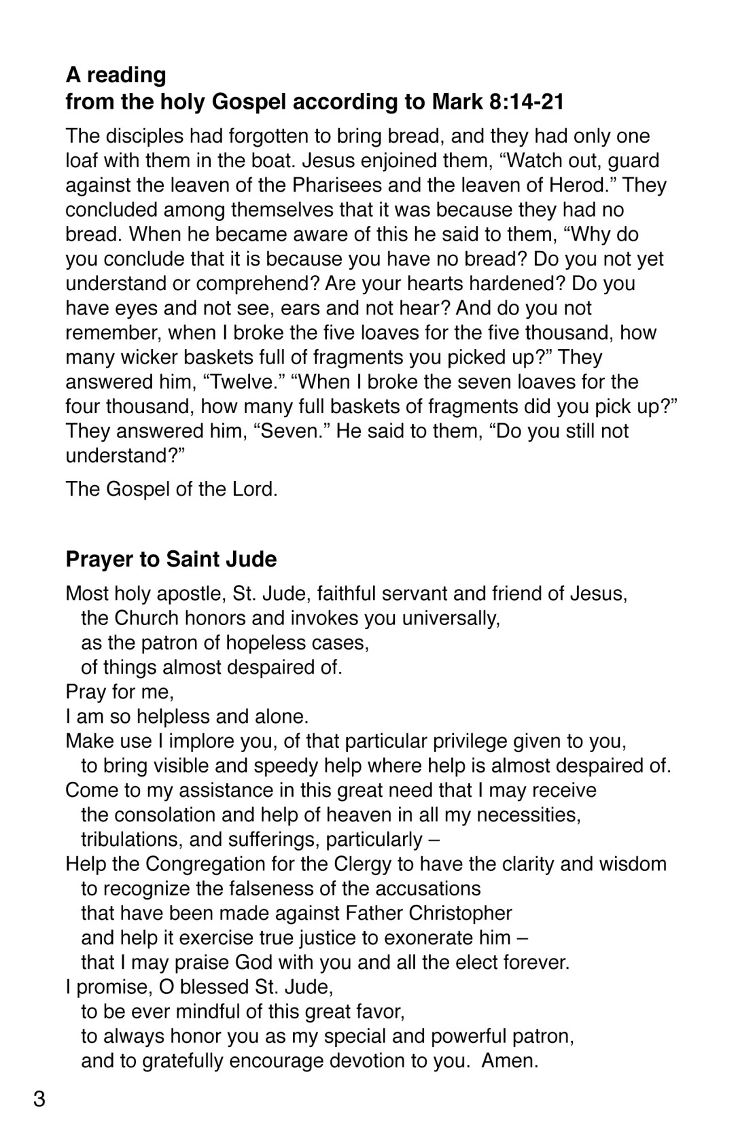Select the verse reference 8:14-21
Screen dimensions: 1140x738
[x=526, y=102]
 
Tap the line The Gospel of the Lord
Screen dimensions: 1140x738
[x=171, y=489]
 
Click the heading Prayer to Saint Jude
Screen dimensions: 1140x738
[x=171, y=559]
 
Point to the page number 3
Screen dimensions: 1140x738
[x=39, y=1099]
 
